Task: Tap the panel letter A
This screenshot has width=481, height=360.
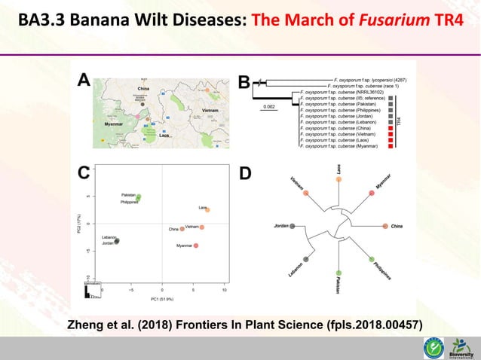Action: click(84, 81)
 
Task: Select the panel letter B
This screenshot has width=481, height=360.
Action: click(244, 82)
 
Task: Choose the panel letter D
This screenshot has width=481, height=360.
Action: click(244, 174)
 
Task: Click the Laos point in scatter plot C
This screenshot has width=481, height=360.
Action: click(207, 210)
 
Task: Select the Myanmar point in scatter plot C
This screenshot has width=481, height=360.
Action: click(196, 246)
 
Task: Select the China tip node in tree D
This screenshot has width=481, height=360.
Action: click(384, 226)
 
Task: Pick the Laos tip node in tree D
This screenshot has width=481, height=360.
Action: click(339, 182)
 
